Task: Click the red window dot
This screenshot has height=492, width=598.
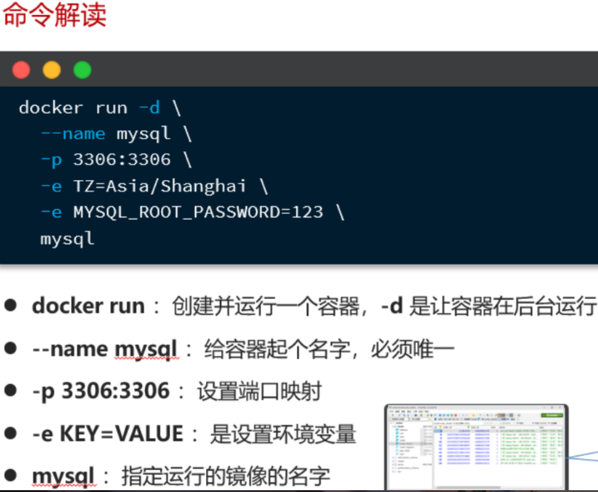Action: click(x=21, y=70)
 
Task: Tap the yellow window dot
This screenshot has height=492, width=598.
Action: click(x=52, y=70)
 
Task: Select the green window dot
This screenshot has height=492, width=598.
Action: click(x=82, y=70)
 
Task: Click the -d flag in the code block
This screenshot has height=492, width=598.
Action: click(x=149, y=108)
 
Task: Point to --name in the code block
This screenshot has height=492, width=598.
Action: click(x=73, y=134)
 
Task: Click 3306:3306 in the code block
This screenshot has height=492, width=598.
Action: click(x=122, y=160)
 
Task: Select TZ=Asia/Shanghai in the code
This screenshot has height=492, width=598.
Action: click(x=160, y=186)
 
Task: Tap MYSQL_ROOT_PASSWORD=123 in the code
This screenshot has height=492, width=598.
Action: click(x=198, y=212)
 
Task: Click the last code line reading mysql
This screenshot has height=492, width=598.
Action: click(x=67, y=238)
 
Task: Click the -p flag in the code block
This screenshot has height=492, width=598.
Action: click(x=51, y=160)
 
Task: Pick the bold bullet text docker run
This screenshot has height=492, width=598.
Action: click(x=88, y=306)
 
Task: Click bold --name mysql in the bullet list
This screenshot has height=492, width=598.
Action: click(x=104, y=350)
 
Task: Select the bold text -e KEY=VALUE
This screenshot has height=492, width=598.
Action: click(x=108, y=434)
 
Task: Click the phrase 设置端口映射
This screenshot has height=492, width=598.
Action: click(x=259, y=391)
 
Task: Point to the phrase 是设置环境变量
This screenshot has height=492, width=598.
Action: click(x=283, y=434)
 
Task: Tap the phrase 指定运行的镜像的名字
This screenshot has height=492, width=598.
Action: click(x=226, y=476)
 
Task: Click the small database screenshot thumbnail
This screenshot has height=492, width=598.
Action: click(x=476, y=446)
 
